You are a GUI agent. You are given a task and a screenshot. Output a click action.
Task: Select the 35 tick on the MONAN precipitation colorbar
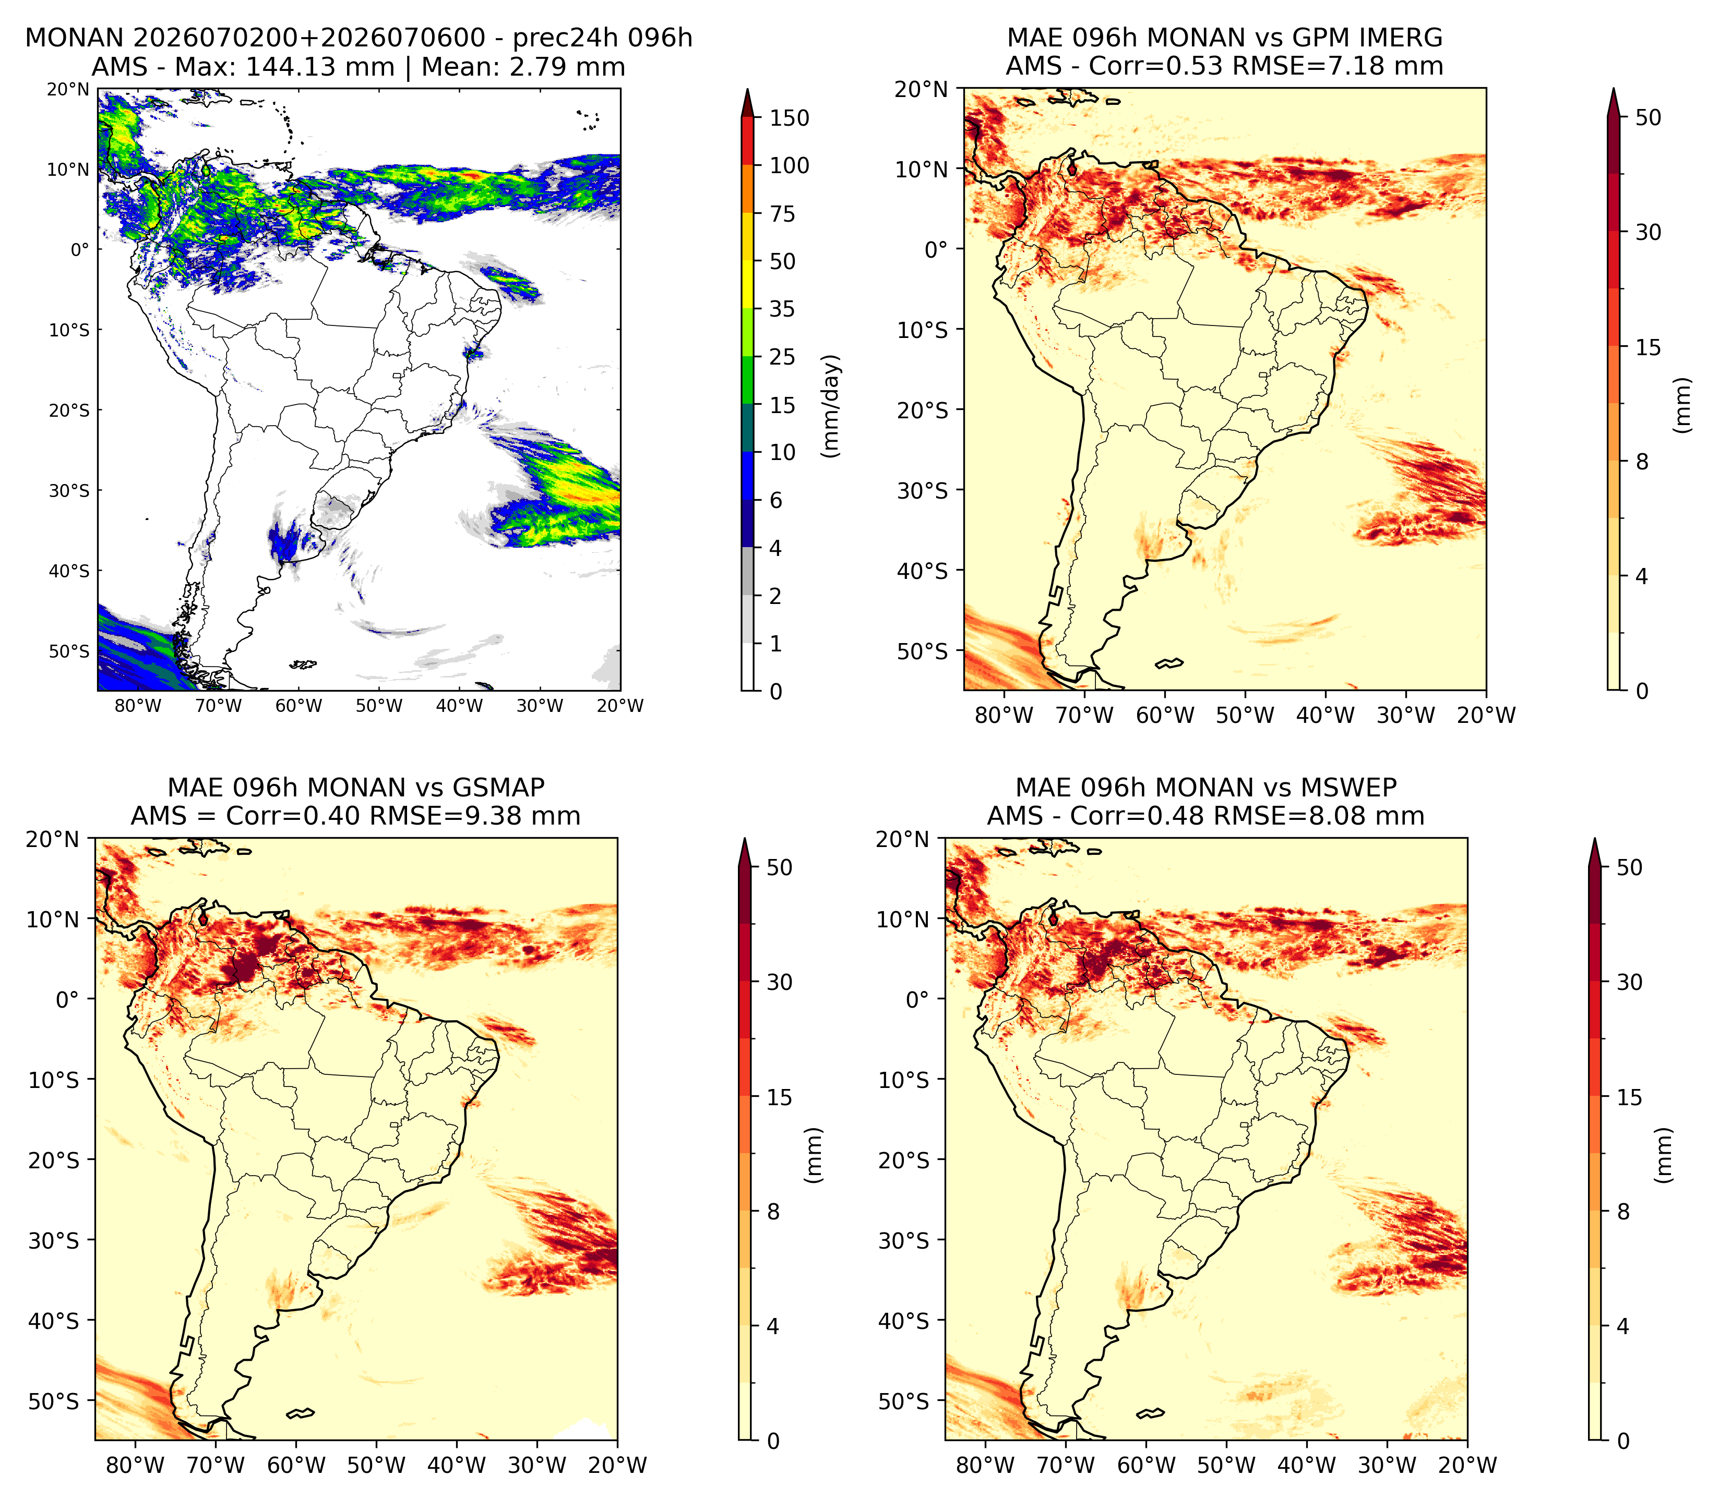[783, 309]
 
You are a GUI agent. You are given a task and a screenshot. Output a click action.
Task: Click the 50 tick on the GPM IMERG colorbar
[1648, 117]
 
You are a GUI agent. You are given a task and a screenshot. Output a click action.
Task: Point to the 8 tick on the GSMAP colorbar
[773, 1211]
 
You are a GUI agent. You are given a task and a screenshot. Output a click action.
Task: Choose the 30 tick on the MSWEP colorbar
[1629, 982]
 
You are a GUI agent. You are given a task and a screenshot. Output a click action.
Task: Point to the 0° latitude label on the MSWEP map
[918, 999]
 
